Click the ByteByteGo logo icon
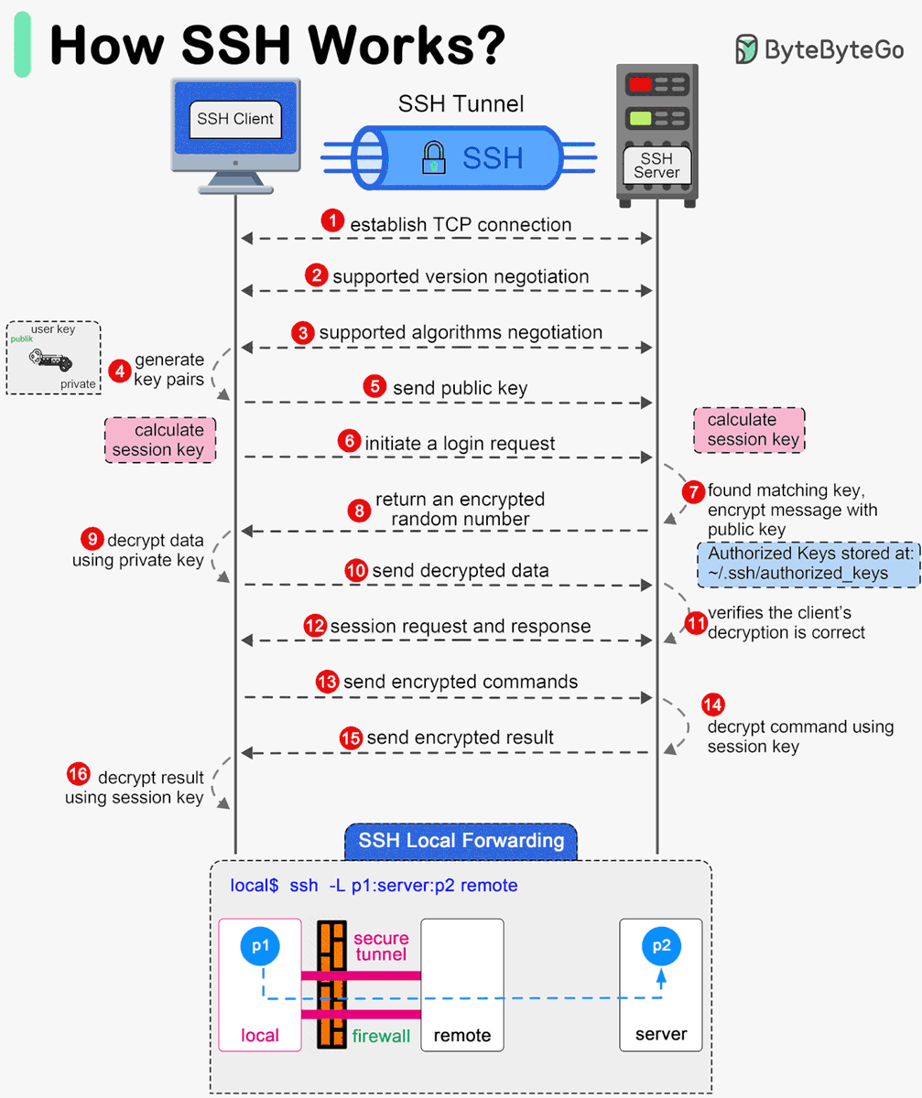747,48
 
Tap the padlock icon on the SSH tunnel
432,157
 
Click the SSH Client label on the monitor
235,118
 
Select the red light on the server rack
640,84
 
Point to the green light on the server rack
640,117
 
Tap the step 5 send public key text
460,387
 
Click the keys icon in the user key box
43,358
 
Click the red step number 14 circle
712,704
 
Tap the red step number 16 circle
79,775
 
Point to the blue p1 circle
260,946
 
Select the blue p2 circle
661,946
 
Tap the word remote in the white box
461,1035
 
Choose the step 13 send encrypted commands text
460,682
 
